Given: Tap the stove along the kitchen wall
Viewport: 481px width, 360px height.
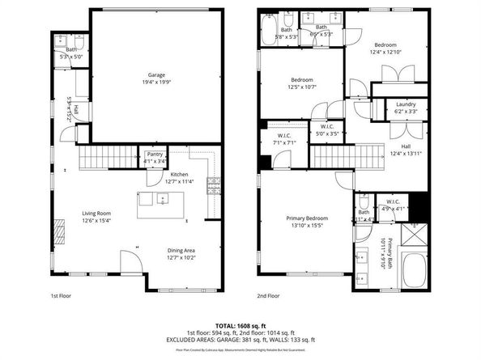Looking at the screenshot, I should [214, 185].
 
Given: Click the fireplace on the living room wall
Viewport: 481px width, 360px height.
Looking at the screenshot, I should [57, 235].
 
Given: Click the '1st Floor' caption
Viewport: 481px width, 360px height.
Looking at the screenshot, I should [62, 296].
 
